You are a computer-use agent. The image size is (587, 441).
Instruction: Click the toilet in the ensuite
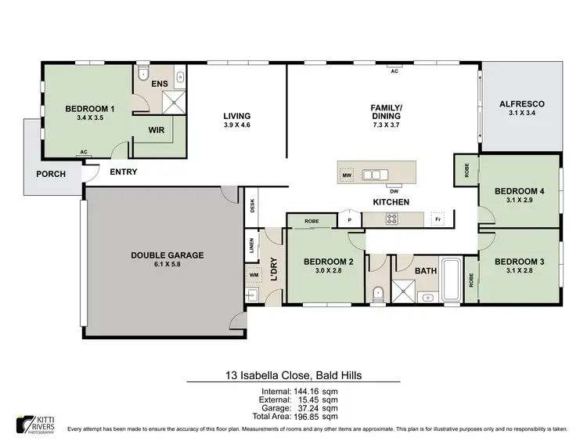tap(142, 74)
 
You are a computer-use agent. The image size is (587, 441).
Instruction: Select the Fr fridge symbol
tap(440, 220)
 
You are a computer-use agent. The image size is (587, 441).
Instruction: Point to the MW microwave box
tap(347, 175)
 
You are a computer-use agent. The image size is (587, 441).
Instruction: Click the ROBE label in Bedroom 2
tap(311, 221)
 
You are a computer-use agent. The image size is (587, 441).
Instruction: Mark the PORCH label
tap(51, 174)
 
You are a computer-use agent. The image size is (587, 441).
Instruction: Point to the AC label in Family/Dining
tap(395, 70)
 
